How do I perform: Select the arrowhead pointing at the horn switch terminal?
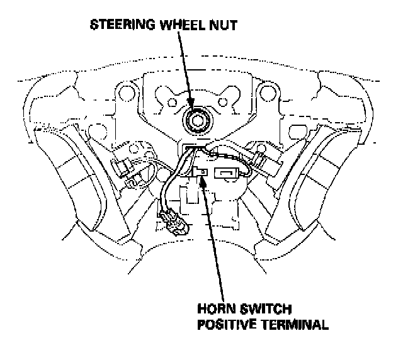(x=202, y=181)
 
